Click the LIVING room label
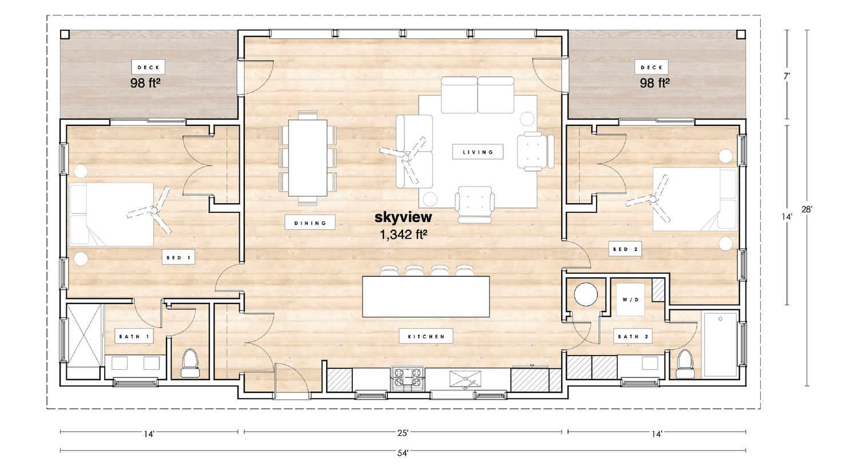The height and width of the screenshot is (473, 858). point(478,152)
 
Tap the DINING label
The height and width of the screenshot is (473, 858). point(310,223)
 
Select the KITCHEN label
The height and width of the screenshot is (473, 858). point(426,336)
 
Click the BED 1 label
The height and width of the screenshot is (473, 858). point(178,258)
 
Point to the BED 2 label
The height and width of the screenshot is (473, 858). point(625,249)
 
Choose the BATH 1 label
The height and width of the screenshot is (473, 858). point(134,336)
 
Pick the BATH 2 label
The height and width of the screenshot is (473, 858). point(633,336)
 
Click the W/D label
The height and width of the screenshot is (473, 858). point(630,299)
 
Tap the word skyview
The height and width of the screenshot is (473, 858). point(403,217)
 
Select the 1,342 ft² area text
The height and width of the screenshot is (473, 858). point(403,234)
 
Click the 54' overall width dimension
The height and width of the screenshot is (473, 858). point(403,453)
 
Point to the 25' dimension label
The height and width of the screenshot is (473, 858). point(403,433)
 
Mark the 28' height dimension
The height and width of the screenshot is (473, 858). point(807,210)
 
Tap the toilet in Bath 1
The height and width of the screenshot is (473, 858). point(190,363)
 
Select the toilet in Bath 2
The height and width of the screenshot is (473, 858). point(685,363)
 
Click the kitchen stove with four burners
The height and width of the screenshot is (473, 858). point(407,378)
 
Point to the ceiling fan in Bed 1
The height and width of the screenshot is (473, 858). point(153,211)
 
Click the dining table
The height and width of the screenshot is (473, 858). point(308,157)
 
